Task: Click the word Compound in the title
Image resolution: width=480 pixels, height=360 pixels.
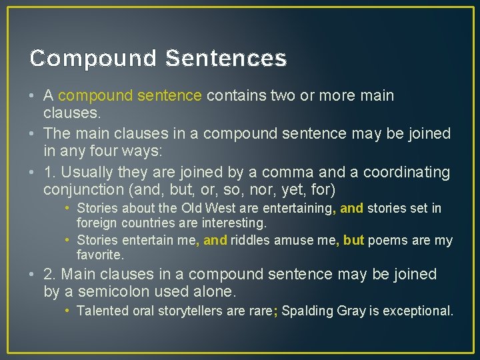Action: tap(93, 59)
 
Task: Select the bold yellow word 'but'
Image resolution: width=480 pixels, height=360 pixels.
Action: tap(353, 240)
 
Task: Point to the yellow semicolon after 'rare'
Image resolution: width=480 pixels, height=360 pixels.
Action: tap(275, 311)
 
